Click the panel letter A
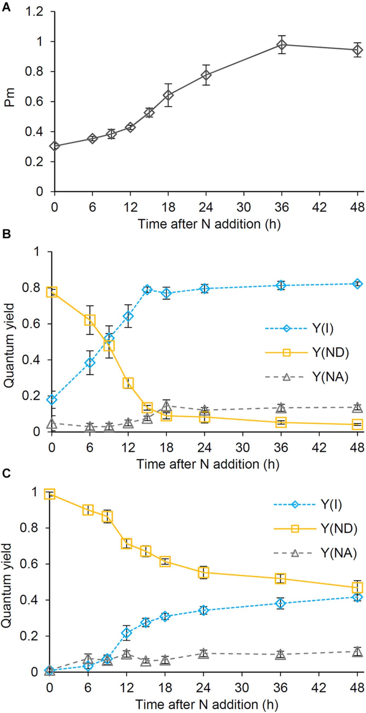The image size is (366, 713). pyautogui.click(x=6, y=7)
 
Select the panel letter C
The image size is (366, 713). pyautogui.click(x=6, y=473)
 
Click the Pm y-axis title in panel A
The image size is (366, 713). pyautogui.click(x=9, y=98)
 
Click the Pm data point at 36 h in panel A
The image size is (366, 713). pyautogui.click(x=281, y=45)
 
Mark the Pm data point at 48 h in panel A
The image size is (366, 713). pyautogui.click(x=357, y=50)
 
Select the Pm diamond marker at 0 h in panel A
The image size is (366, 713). pyautogui.click(x=55, y=146)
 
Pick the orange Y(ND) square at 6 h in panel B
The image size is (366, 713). pyautogui.click(x=90, y=320)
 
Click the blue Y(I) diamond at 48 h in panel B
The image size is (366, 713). pyautogui.click(x=357, y=284)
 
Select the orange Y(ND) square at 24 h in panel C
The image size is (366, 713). pyautogui.click(x=203, y=572)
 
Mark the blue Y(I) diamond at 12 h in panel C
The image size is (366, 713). pyautogui.click(x=126, y=633)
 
